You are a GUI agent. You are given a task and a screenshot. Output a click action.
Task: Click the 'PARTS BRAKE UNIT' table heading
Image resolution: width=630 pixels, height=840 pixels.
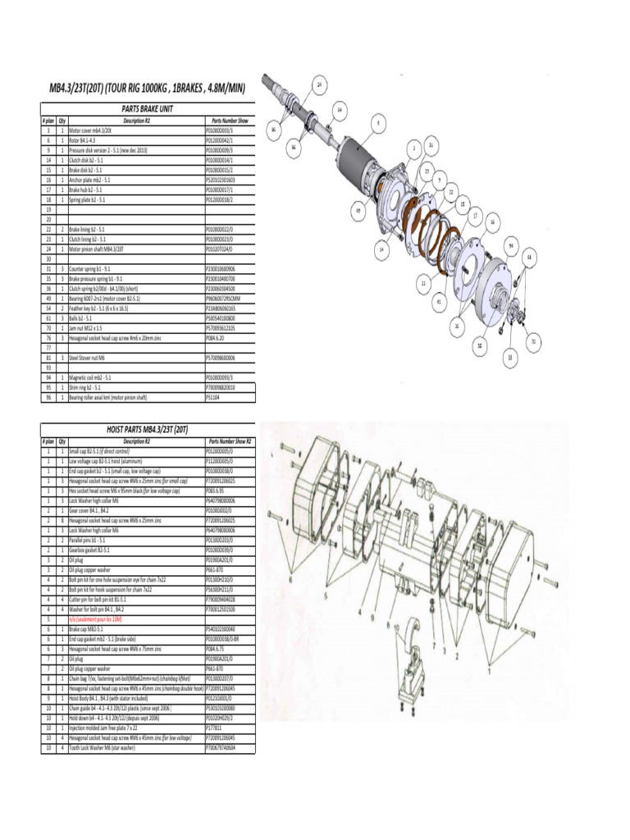point(148,107)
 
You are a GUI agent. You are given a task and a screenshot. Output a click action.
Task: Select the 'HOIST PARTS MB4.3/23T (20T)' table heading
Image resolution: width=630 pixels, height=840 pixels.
point(148,428)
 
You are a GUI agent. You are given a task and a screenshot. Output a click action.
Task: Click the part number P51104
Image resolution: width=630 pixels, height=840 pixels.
point(213,397)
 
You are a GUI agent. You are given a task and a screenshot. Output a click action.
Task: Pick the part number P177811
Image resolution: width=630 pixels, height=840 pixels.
point(215,727)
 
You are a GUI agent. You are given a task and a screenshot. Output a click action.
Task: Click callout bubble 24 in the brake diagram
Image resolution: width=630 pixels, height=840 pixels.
point(320,84)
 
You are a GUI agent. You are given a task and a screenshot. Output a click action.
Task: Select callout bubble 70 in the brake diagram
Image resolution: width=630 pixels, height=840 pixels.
point(533,340)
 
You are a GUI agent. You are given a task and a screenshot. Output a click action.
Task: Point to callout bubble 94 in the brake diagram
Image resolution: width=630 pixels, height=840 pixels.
point(510,245)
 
